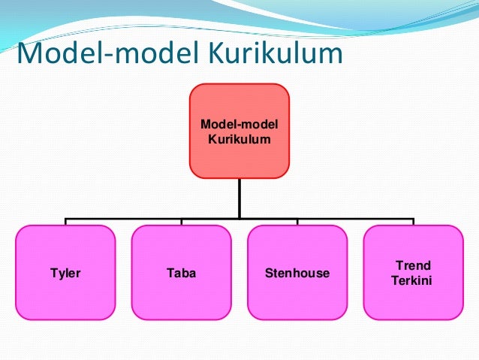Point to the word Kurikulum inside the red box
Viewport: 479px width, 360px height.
coord(239,138)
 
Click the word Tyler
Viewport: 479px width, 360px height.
coord(65,273)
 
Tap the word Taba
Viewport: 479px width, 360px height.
coord(181,273)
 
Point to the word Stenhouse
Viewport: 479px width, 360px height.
coord(297,273)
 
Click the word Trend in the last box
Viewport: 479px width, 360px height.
coord(413,266)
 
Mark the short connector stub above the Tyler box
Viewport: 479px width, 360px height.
coord(65,222)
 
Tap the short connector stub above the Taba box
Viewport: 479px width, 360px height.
coord(181,222)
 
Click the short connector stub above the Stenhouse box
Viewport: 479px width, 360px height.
coord(297,222)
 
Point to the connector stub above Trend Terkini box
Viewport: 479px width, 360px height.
coord(413,222)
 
